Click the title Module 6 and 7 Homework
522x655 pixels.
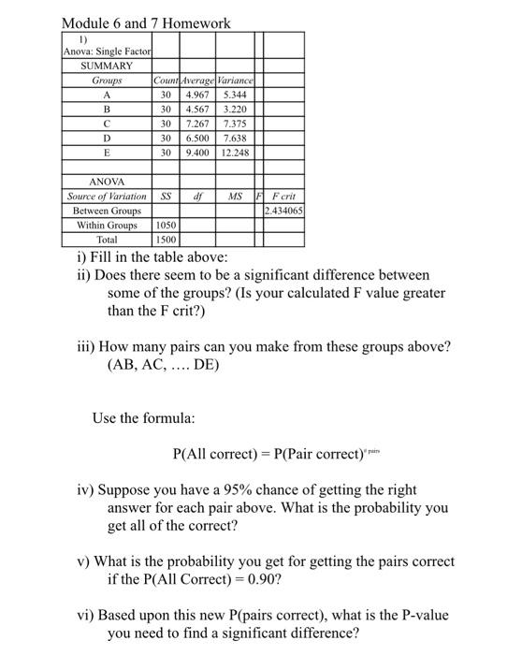(x=145, y=22)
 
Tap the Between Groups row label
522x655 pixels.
(x=107, y=211)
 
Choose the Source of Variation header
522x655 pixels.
(x=107, y=196)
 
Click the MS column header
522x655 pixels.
(x=235, y=196)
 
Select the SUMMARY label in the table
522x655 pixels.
(x=107, y=66)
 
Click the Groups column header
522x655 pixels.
(x=107, y=80)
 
